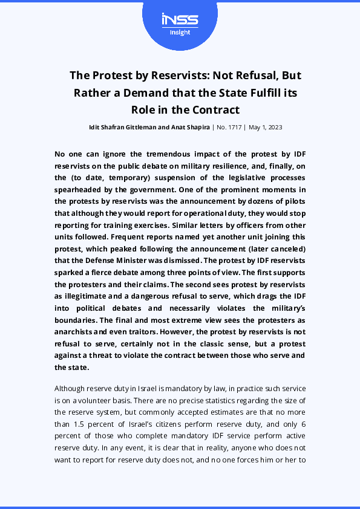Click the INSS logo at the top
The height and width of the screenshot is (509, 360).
[180, 20]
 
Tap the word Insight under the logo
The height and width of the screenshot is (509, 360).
[180, 33]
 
